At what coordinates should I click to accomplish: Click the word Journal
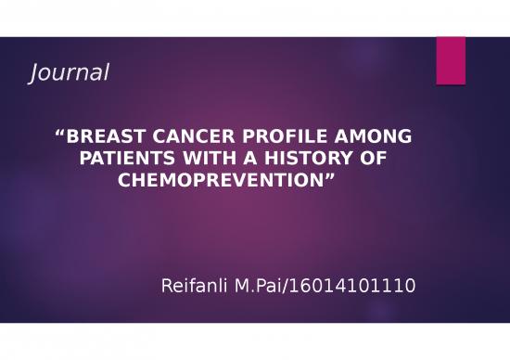point(70,71)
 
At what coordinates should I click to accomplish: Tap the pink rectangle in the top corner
point(451,59)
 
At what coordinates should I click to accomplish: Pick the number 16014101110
point(357,287)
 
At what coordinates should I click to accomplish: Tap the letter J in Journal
point(36,71)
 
